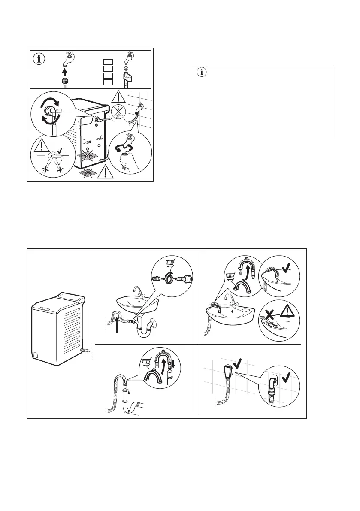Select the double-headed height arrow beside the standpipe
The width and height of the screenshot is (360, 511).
[x=129, y=399]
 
